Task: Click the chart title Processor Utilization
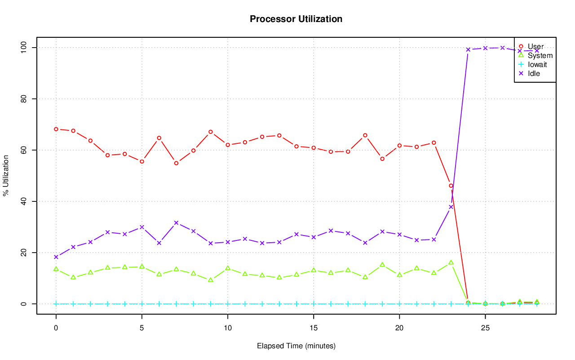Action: pos(296,19)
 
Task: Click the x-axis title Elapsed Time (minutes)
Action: pos(296,346)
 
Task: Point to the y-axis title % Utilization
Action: pos(6,175)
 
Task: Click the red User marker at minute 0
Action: pos(56,129)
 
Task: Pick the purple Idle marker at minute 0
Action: pos(56,257)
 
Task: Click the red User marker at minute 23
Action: pos(451,186)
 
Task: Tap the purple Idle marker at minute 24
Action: pos(468,49)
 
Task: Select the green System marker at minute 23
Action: pos(451,262)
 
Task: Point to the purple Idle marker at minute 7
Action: pos(176,222)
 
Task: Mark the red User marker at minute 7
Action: pos(176,163)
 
